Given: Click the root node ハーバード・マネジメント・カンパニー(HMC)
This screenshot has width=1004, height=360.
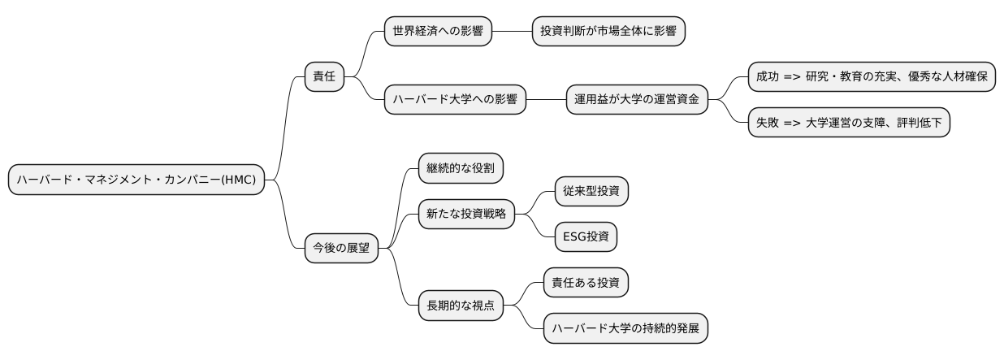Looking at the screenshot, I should point(136,180).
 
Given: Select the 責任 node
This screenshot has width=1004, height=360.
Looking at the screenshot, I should point(323,78).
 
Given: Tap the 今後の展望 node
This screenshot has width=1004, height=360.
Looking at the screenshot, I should point(341,249).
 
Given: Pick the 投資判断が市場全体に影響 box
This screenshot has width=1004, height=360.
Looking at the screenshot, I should point(608,32).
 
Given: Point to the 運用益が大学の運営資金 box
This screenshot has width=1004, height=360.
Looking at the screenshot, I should point(636,101).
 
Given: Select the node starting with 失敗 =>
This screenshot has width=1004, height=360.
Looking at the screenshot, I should point(848,124).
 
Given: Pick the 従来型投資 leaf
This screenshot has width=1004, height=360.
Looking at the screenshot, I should point(590,192).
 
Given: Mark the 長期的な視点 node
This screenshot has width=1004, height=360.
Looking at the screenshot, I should point(460,306).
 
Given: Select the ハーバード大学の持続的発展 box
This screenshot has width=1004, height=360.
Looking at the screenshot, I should point(625,329).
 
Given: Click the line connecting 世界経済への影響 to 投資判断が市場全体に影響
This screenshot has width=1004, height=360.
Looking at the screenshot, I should point(512,32).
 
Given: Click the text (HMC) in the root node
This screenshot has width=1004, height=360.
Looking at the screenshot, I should point(241,180).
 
